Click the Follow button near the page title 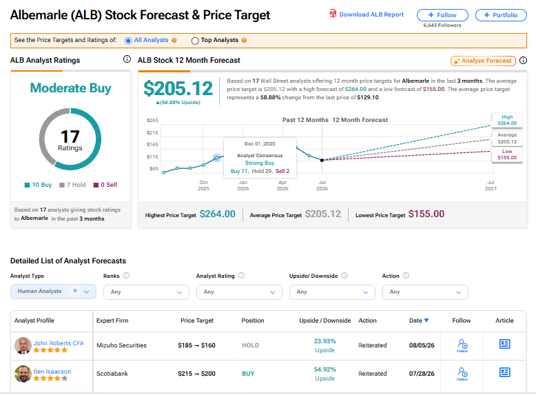click(442, 15)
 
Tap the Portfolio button click(501, 15)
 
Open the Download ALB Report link click(367, 14)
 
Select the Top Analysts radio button click(195, 41)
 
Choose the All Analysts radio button click(128, 41)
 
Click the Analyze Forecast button click(483, 61)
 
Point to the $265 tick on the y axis click(152, 121)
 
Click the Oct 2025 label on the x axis click(203, 185)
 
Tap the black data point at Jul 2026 click(322, 160)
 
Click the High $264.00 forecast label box click(507, 120)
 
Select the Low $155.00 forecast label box click(507, 154)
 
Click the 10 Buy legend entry click(38, 185)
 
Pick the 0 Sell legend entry click(105, 185)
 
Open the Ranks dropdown click(146, 292)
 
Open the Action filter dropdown click(425, 292)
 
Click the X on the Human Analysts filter click(75, 291)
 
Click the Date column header click(419, 321)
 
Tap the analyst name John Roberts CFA click(59, 343)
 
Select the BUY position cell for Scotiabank click(248, 374)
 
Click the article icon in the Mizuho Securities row click(504, 344)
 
